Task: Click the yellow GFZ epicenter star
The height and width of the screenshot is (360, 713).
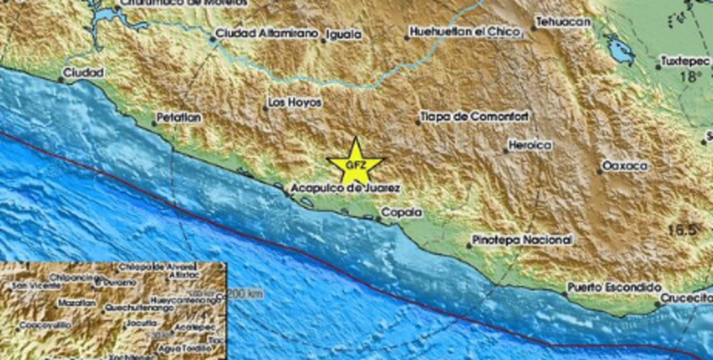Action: coord(355,162)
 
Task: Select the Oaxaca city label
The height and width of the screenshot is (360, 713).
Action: coord(624,165)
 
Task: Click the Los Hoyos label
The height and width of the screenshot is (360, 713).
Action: coord(294,102)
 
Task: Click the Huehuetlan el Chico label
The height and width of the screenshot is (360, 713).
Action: coord(461,35)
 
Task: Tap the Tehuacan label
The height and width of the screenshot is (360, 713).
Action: coord(565,21)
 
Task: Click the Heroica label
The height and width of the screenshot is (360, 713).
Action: coord(531,145)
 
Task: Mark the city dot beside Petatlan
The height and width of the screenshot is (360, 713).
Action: coord(155,120)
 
